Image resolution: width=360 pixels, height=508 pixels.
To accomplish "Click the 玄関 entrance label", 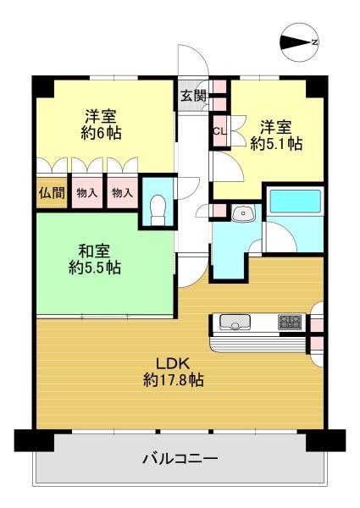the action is click(193, 96).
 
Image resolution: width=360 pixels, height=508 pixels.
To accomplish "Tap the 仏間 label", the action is click(52, 193).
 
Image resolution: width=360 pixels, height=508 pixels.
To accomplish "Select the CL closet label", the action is click(219, 132).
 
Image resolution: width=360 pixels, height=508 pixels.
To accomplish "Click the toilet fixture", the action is click(158, 210).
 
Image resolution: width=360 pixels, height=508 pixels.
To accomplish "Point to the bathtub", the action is click(295, 202).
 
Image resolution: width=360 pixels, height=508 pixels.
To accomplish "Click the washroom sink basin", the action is click(243, 213).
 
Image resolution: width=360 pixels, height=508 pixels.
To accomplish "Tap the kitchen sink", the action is click(235, 322).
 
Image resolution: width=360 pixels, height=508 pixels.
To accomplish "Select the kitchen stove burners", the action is click(290, 322).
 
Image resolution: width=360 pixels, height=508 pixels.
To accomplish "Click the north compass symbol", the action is click(299, 42).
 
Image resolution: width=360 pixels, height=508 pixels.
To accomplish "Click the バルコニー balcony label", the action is click(180, 459).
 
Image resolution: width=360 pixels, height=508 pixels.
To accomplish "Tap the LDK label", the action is click(173, 364).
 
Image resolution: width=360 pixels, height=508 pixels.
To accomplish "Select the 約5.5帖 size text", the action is click(95, 268).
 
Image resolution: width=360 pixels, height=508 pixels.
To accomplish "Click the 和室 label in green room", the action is click(94, 251).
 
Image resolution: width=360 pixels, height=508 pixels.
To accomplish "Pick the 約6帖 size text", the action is click(101, 133).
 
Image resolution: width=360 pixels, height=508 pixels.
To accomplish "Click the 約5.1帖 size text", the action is click(276, 144).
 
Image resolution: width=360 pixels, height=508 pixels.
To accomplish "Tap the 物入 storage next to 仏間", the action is click(87, 193).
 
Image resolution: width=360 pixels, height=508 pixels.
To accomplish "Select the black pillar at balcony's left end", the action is click(34, 440).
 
